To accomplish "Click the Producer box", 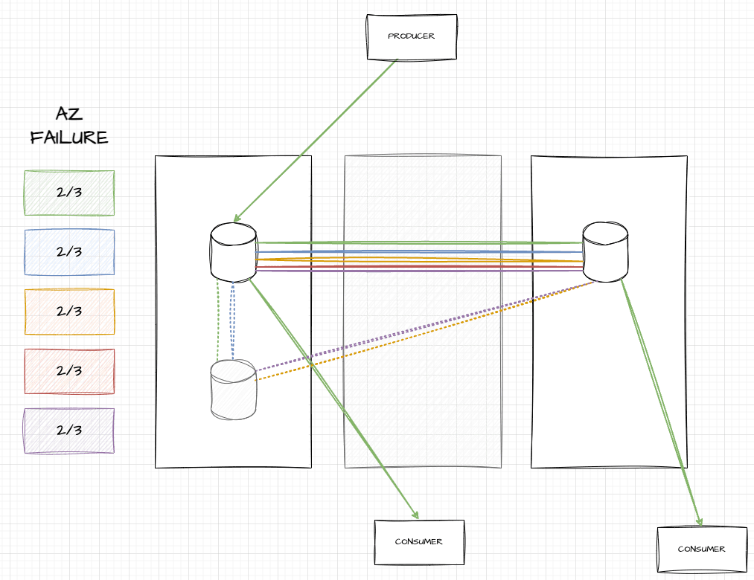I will tap(411, 36).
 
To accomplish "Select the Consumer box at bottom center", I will tap(419, 542).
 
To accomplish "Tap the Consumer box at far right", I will tap(701, 550).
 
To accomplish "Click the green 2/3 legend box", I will tap(69, 193).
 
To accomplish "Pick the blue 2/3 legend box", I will tap(69, 252).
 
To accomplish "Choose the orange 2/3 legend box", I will tap(69, 312).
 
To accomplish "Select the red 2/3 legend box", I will tap(69, 371).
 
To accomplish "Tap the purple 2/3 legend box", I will tap(69, 431).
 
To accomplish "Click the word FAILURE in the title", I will tap(69, 138).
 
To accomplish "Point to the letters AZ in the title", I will tap(68, 114).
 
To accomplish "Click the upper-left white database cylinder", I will tap(233, 252).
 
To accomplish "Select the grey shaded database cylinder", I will tap(233, 391).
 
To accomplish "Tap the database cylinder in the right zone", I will tap(605, 251).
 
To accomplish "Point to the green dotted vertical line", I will tap(217, 320).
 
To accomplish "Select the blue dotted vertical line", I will tap(233, 320).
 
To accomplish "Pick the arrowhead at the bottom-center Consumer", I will tap(416, 516).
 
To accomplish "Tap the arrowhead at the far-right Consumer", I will tap(700, 523).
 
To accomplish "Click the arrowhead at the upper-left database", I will tap(236, 219).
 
